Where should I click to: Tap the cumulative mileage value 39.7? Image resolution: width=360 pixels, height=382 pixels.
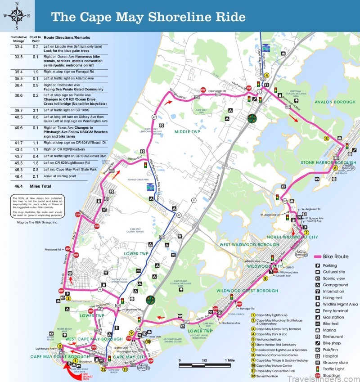click(19, 111)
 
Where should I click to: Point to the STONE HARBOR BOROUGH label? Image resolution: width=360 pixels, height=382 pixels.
click(328, 162)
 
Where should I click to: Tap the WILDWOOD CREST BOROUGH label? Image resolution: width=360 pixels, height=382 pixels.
click(247, 291)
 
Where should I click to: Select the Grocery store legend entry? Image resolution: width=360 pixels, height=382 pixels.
click(335, 362)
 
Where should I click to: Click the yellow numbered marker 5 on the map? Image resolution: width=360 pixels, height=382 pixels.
click(326, 139)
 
